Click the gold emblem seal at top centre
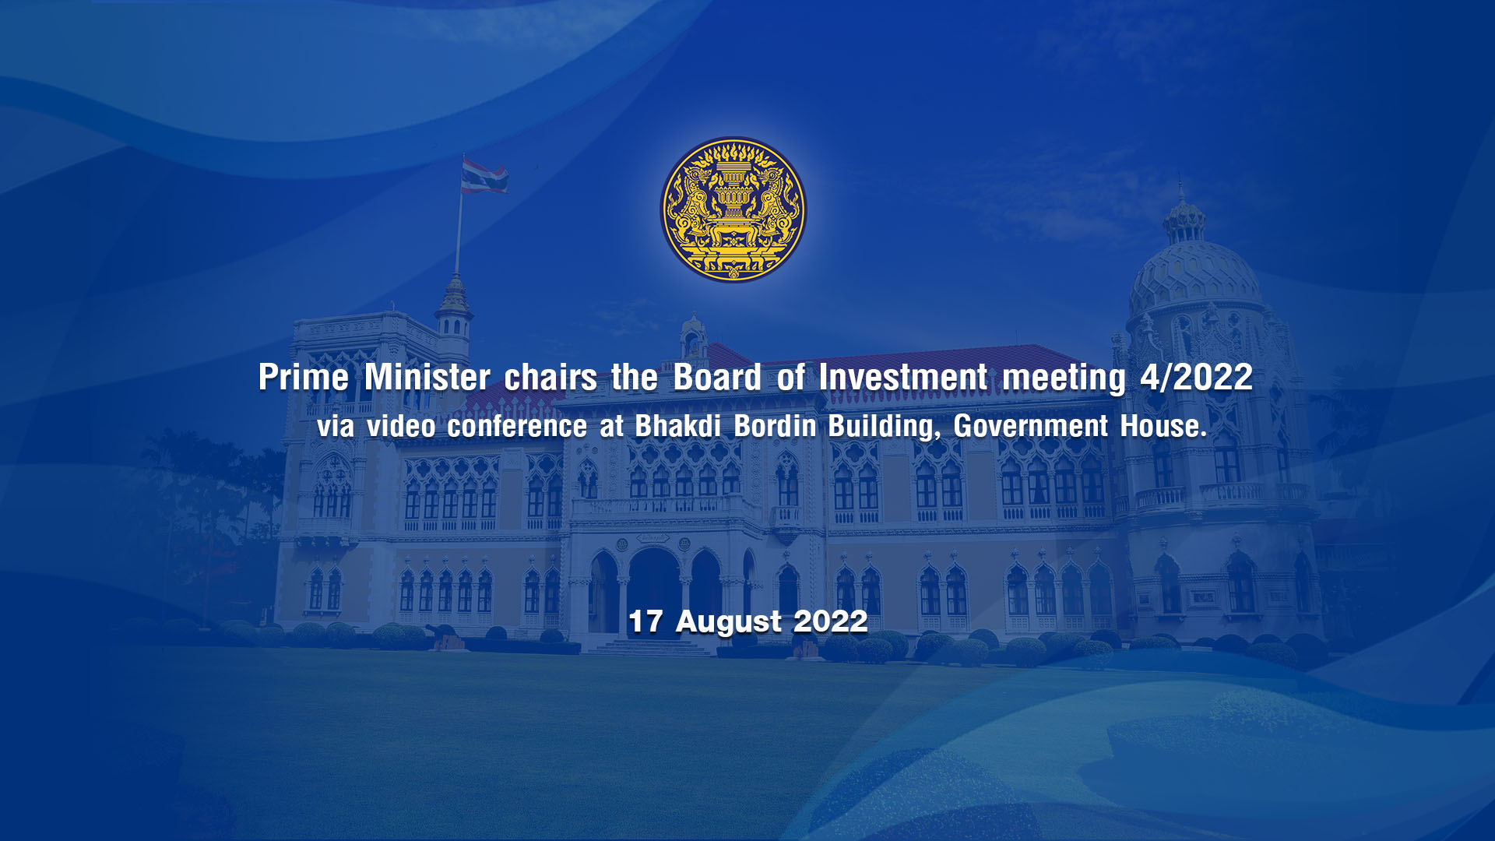pos(733,209)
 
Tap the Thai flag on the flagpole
pos(484,176)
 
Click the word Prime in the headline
pos(304,378)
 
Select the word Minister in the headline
pos(427,378)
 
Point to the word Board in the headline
pos(717,378)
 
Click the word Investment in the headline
pos(903,378)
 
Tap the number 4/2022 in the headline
pos(1196,378)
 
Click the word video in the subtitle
pos(401,426)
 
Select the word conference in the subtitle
pos(517,426)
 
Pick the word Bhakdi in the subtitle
pos(678,426)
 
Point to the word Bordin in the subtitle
pos(776,426)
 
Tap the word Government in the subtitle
pos(1031,426)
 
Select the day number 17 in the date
pos(645,621)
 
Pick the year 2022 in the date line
pos(830,621)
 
